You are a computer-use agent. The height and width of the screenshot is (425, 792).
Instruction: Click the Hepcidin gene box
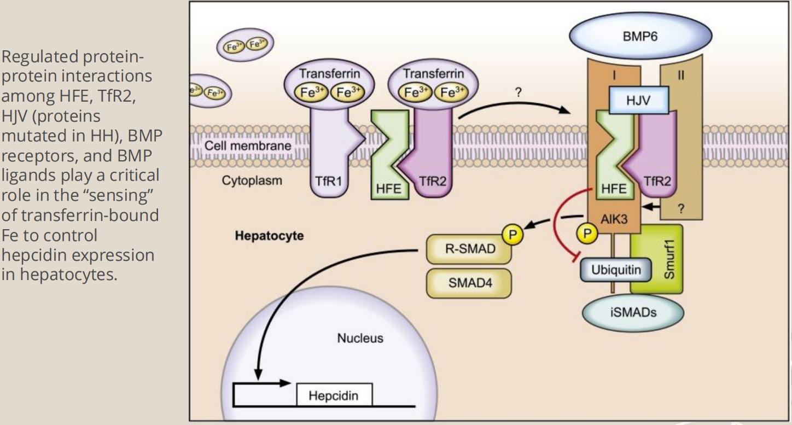tap(334, 395)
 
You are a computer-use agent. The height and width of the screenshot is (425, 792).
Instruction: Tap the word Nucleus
tap(359, 338)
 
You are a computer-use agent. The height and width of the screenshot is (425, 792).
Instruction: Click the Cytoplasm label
tap(252, 181)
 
